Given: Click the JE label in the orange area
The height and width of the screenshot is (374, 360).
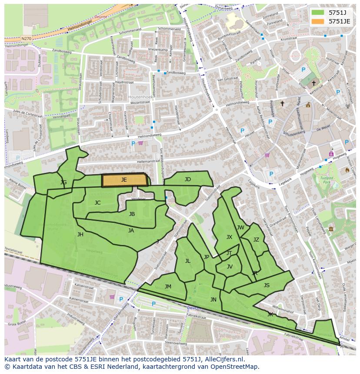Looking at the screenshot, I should coord(124,179).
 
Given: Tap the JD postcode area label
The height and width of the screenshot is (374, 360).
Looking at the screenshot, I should coord(187,179).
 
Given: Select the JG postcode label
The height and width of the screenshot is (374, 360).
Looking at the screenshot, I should coord(63,182).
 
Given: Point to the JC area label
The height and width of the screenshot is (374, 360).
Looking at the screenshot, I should coord(97,203).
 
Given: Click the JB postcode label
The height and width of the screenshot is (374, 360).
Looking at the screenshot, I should coord(132,214).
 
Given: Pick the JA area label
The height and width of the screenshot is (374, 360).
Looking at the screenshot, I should coord(131,231).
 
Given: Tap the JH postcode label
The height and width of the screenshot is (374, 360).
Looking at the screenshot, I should coord(80,235).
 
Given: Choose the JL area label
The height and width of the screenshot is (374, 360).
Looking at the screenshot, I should coord(188,261).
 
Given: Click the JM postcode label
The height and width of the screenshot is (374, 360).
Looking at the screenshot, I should coord(168,286).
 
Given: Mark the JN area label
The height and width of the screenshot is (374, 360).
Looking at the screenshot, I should coord(213,300).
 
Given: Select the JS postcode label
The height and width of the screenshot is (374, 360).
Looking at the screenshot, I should coord(267,285).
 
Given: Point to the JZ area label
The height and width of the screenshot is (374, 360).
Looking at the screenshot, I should coord(256,240).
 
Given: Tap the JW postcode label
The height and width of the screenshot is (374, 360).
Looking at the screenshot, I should coord(240,228).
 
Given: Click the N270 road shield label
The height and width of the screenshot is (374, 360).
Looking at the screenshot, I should coord(26,39).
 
